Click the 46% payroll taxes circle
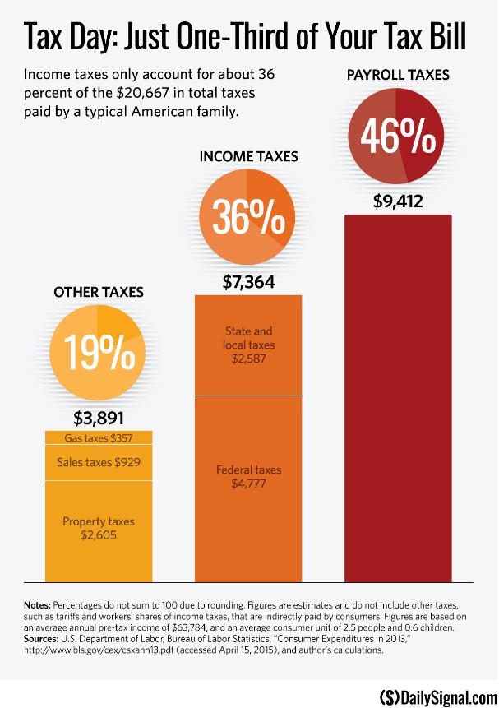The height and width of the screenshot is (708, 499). (396, 137)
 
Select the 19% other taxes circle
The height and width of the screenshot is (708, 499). (98, 351)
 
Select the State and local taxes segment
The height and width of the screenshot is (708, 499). (248, 345)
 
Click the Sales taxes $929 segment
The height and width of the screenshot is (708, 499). (99, 462)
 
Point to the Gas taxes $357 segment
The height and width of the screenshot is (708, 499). (99, 437)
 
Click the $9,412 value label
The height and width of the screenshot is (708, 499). (397, 200)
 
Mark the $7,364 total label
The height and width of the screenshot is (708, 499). (248, 282)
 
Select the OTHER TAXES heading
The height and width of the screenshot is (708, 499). (99, 291)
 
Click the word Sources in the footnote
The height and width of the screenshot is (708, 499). (41, 638)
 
